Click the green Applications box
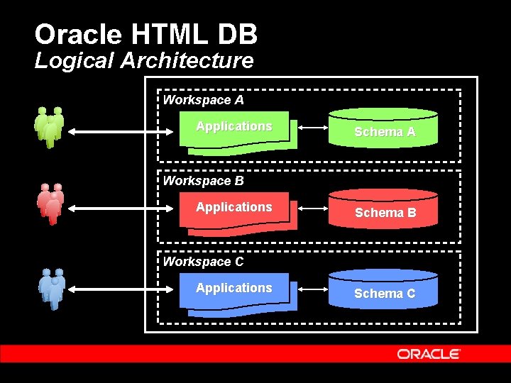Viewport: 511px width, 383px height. [236, 131]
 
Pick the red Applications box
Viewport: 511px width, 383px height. [236, 211]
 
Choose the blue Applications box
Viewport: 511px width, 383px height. [236, 292]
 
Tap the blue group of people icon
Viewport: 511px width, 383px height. [51, 289]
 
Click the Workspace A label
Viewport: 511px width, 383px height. [203, 100]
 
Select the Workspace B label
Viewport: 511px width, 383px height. [203, 181]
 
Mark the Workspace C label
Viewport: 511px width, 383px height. [203, 262]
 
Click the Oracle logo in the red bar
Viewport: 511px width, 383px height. [429, 354]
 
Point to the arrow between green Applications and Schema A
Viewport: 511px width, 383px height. [312, 128]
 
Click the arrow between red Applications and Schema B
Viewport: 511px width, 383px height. [312, 209]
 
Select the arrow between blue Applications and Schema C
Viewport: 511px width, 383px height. [312, 290]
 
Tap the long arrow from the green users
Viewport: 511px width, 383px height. [124, 131]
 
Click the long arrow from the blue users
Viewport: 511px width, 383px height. [124, 289]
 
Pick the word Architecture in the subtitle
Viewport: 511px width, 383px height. [187, 61]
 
